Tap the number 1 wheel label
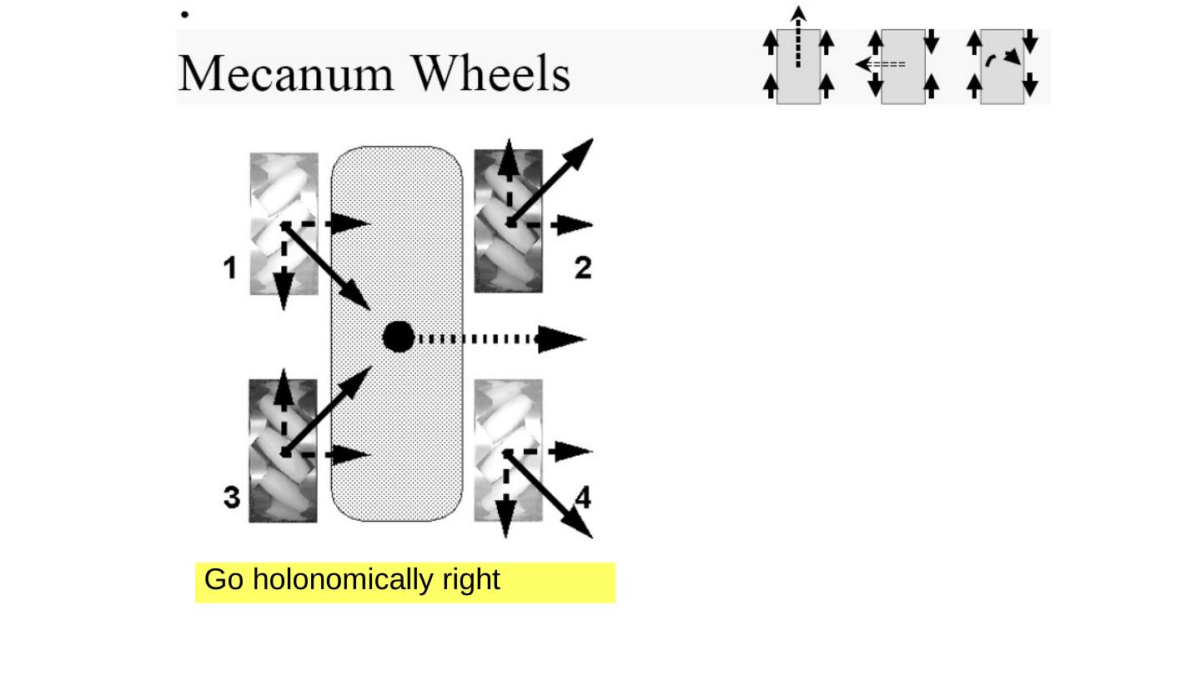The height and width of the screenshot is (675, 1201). click(231, 268)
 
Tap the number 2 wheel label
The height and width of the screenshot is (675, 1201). click(583, 267)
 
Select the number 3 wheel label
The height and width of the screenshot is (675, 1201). click(232, 497)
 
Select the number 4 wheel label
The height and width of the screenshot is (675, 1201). click(583, 497)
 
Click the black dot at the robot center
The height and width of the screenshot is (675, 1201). click(399, 337)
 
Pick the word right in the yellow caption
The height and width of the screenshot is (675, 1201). click(471, 579)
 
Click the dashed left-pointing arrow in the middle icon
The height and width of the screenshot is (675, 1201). click(881, 64)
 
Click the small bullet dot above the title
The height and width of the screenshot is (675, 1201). click(185, 14)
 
